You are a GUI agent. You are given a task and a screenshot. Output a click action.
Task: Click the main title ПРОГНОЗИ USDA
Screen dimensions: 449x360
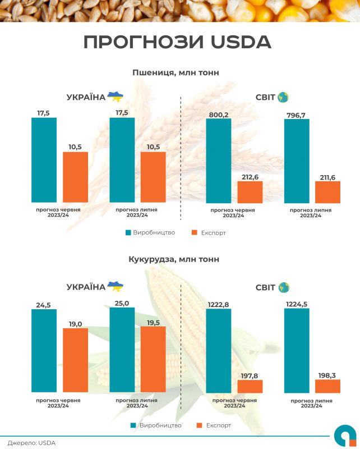[177, 42]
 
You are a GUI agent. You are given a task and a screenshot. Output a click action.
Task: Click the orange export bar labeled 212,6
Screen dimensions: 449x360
[250, 191]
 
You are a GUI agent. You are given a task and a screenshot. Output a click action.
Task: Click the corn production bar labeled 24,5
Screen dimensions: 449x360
[44, 350]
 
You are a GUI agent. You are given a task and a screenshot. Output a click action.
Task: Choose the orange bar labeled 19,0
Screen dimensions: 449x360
[75, 360]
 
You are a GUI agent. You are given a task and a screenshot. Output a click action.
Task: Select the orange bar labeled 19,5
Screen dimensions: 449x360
[153, 359]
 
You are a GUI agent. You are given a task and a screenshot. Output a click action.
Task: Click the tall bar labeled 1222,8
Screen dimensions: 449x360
[219, 350]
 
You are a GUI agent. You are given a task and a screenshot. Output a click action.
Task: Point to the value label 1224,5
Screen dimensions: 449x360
[297, 304]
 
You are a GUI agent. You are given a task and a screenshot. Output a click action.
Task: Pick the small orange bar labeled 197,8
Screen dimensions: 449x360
[250, 386]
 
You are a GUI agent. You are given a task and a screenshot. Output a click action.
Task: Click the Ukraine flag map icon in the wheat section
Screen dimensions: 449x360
[116, 97]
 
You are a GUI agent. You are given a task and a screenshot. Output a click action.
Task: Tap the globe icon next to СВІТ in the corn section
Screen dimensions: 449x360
[283, 287]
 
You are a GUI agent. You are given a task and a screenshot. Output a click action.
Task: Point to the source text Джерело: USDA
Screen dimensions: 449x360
[31, 443]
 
